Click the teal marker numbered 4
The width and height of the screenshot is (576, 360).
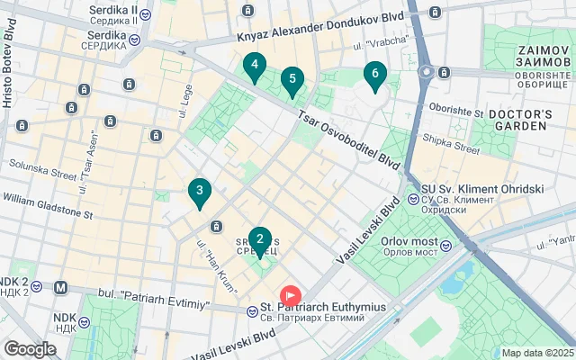coord(256,66)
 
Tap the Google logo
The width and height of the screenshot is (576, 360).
coord(30,348)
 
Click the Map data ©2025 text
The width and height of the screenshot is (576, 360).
coord(536,353)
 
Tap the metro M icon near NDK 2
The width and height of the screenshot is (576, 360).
coord(61,288)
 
